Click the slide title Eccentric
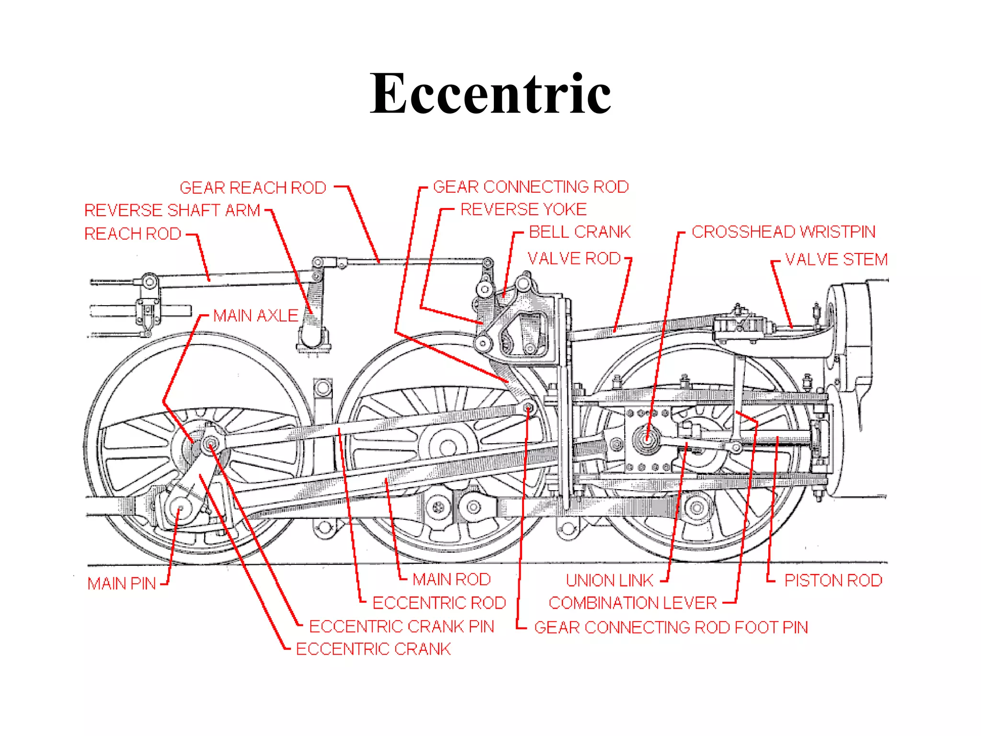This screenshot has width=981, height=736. [490, 93]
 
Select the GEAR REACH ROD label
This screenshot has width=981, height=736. [253, 187]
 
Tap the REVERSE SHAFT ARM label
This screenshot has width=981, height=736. [172, 210]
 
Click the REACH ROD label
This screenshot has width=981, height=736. [133, 234]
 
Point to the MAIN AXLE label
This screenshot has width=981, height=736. [255, 316]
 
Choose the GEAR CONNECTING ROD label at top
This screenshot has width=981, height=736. [531, 187]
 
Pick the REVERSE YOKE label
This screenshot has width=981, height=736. [523, 209]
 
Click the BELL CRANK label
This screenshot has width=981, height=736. [580, 232]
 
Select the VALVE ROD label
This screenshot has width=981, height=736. [574, 259]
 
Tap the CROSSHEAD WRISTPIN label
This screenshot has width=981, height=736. [783, 232]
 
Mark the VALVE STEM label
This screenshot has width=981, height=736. [836, 260]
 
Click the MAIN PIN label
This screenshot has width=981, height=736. [122, 584]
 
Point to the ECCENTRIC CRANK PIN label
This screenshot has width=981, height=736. [401, 626]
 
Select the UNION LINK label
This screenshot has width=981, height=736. [609, 581]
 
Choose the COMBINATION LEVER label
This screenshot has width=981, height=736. [632, 603]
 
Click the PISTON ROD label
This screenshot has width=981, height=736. [833, 581]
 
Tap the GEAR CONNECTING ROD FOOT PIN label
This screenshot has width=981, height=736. [671, 627]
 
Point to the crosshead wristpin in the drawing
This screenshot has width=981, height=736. [647, 438]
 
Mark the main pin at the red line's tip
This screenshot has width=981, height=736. [180, 508]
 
